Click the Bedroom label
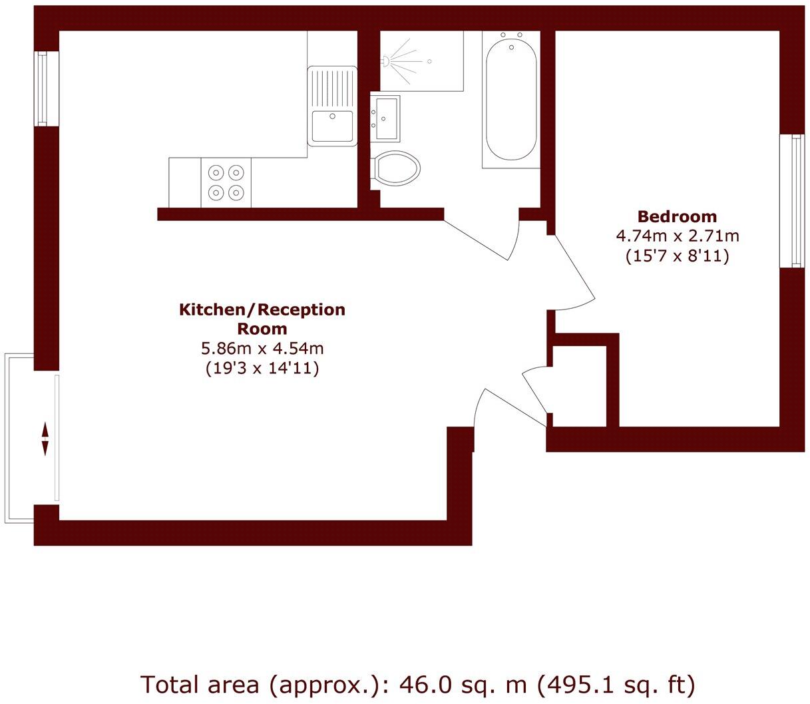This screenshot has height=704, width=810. click(677, 216)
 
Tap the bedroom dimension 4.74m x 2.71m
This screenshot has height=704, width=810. click(678, 236)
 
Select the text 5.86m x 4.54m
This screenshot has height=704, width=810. click(262, 348)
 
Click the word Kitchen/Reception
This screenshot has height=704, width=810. click(262, 309)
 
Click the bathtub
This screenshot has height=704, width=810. click(510, 100)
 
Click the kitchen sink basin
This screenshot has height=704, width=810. click(332, 126)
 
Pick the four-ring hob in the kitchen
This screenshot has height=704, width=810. click(226, 182)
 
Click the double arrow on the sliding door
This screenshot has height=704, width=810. click(45, 439)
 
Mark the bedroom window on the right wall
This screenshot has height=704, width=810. click(792, 200)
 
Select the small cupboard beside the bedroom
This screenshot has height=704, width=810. click(578, 385)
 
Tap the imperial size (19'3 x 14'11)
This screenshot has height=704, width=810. click(262, 367)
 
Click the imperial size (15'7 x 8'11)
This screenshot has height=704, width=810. click(678, 255)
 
